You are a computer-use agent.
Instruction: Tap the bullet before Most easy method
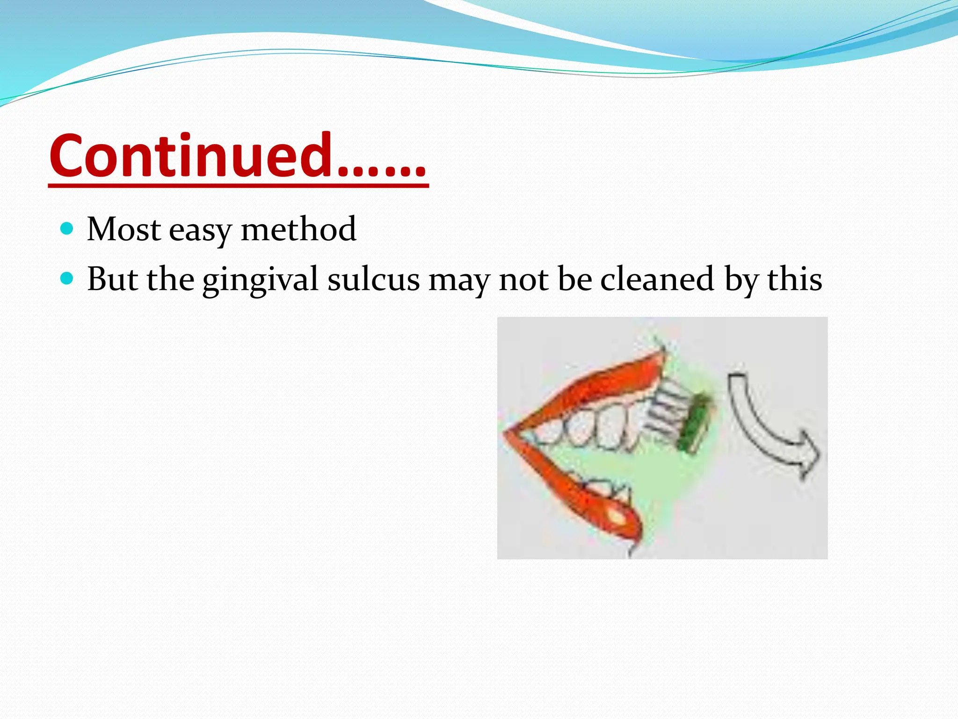click(67, 229)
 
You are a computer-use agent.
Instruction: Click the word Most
click(124, 229)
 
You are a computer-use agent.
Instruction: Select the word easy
click(200, 231)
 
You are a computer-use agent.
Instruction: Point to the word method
click(298, 229)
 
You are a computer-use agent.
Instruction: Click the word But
click(112, 279)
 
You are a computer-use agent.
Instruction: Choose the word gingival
click(260, 280)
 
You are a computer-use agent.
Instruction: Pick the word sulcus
click(373, 279)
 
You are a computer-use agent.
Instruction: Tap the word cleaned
click(657, 279)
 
